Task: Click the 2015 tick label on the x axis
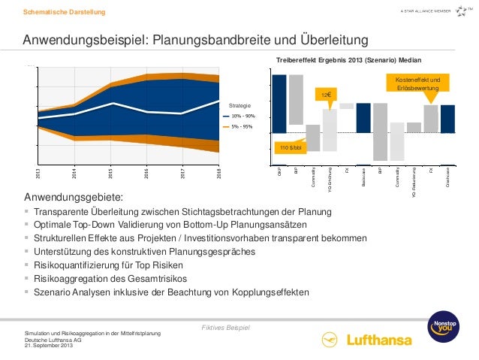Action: click(x=110, y=174)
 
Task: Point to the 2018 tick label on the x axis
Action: click(x=218, y=174)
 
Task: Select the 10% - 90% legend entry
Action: click(x=243, y=116)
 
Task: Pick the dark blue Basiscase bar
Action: click(x=363, y=118)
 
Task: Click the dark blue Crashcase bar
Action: click(x=447, y=119)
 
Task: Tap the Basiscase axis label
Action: click(x=363, y=180)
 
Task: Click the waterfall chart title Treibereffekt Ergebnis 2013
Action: click(x=349, y=59)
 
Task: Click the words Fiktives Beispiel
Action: click(x=226, y=308)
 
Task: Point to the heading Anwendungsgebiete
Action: click(x=74, y=198)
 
